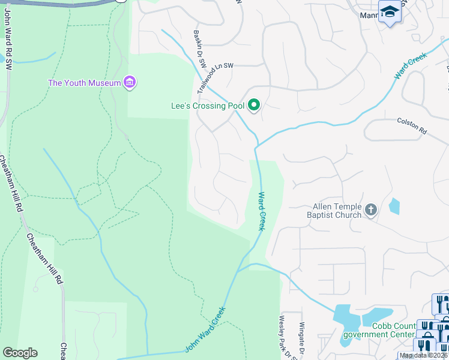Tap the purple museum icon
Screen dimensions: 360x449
tap(129, 82)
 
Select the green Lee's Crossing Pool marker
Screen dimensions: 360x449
tap(254, 106)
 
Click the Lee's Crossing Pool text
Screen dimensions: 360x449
tap(208, 106)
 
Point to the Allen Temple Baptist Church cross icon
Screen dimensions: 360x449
tap(370, 210)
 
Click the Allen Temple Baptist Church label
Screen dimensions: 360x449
tap(334, 211)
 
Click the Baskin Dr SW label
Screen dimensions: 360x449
tap(200, 47)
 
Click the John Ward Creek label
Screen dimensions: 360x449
tap(205, 329)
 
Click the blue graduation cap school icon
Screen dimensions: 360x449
tap(390, 12)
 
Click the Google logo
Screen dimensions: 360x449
tap(20, 353)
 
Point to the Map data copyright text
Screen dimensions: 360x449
tap(424, 355)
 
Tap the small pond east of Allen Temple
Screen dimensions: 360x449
tap(394, 206)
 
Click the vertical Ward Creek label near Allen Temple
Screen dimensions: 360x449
tap(262, 211)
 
